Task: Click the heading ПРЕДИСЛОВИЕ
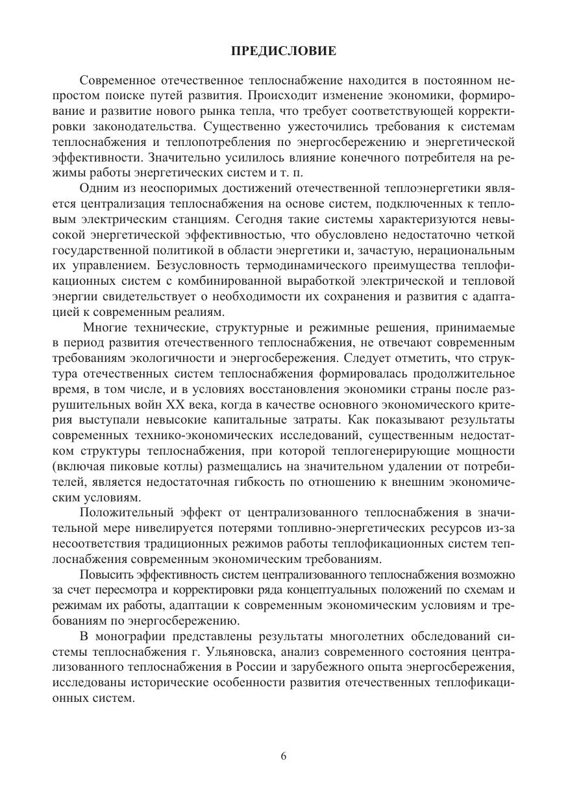[x=284, y=51]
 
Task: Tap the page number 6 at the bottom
[x=284, y=756]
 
